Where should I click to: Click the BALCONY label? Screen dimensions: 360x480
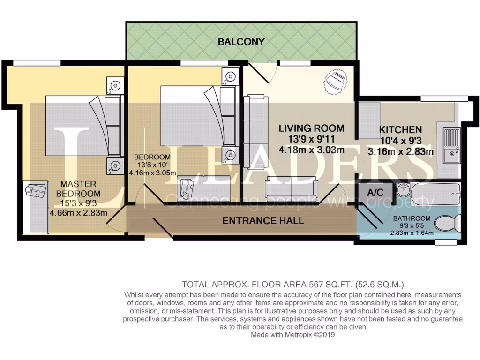coord(241,42)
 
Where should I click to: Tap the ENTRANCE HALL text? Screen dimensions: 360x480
coord(263,221)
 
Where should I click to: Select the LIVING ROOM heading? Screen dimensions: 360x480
coord(311,128)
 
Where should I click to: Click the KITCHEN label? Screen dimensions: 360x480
coord(400,130)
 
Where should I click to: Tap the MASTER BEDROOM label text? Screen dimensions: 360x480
coord(78,188)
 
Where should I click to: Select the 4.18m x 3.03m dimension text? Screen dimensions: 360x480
coord(312,150)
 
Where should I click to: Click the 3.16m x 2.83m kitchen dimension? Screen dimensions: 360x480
coord(400,152)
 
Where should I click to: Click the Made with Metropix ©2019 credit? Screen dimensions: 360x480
coord(293,335)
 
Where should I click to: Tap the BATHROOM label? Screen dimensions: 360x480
coord(412,219)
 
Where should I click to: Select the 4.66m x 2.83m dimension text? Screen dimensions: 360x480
coord(78,212)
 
